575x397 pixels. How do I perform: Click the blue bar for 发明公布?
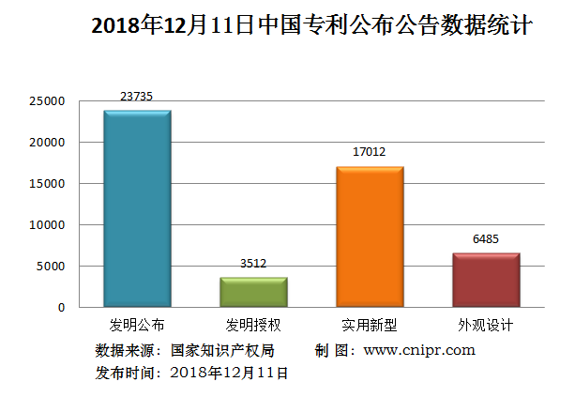click(137, 208)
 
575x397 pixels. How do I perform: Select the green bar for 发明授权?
click(253, 292)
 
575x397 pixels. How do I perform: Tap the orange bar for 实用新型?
click(370, 237)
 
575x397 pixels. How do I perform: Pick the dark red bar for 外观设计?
click(486, 280)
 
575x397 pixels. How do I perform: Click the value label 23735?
click(137, 96)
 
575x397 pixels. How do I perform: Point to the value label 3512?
click(253, 264)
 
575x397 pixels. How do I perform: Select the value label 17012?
click(370, 152)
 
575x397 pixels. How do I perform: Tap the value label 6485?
click(486, 238)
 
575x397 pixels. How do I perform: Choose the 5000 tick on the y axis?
click(51, 267)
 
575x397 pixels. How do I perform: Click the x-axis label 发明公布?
click(137, 326)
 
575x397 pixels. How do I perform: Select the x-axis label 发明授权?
click(253, 326)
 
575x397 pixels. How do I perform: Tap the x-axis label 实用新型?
click(370, 326)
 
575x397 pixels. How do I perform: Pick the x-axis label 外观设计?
click(486, 326)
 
